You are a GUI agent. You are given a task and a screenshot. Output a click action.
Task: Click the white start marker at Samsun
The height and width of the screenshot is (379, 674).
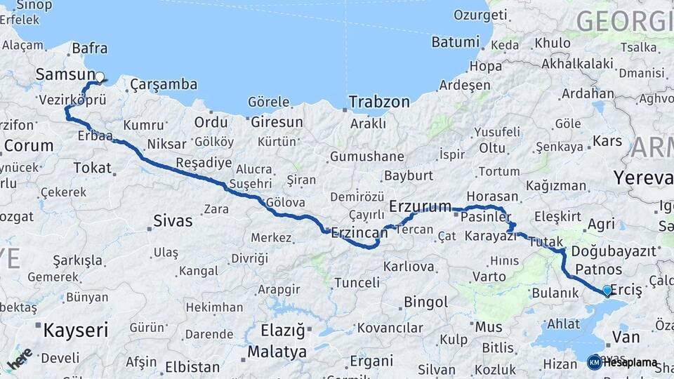[99, 77]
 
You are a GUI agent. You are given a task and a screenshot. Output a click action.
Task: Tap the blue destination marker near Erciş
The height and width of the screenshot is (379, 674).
[607, 290]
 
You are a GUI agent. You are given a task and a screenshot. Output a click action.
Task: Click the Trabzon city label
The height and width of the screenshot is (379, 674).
[381, 102]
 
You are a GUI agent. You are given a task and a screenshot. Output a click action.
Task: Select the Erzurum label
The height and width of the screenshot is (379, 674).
[420, 206]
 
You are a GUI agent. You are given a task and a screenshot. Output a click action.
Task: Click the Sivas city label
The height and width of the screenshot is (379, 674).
[173, 222]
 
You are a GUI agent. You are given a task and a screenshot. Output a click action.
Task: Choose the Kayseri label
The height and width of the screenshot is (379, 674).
[76, 330]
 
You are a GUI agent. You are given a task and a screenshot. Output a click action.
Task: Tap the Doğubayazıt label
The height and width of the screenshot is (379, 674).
[614, 251]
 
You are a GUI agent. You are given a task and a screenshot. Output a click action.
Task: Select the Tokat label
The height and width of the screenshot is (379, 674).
[92, 168]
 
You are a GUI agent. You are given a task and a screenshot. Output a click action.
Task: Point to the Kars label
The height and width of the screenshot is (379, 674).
[607, 141]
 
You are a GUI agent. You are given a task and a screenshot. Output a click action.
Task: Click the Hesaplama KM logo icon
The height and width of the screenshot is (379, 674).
[595, 362]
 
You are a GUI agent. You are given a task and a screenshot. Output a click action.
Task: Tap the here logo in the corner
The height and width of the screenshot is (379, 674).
[20, 358]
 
